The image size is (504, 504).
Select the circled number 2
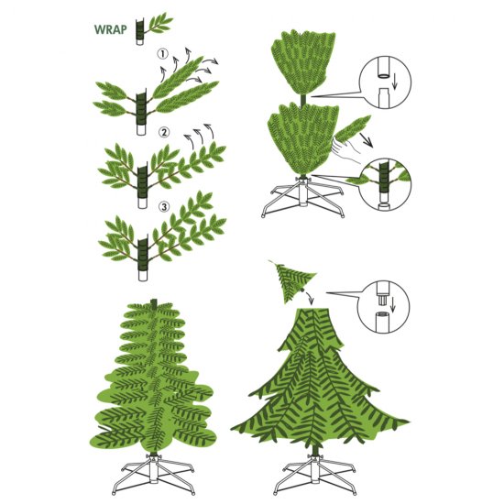(x=165, y=132)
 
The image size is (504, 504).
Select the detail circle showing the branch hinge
(x=386, y=180)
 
